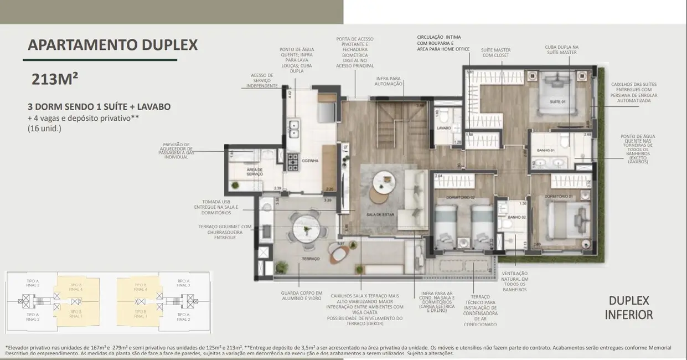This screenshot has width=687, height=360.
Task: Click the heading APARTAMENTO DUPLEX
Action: [112, 45]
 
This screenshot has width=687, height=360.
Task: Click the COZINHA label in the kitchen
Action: [310, 161]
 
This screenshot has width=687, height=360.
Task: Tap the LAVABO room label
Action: [444, 128]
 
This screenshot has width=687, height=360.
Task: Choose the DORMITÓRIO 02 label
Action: [447, 197]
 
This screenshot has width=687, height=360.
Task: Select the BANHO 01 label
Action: [546, 150]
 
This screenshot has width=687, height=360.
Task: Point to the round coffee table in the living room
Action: [381, 181]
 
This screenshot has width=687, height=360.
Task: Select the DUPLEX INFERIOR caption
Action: [628, 308]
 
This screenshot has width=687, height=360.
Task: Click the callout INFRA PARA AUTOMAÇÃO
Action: [388, 81]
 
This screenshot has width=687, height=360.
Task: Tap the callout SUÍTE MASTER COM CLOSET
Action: [496, 53]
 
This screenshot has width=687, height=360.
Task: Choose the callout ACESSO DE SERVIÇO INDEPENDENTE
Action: [262, 80]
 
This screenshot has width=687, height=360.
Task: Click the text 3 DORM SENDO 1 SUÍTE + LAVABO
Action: [99, 106]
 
